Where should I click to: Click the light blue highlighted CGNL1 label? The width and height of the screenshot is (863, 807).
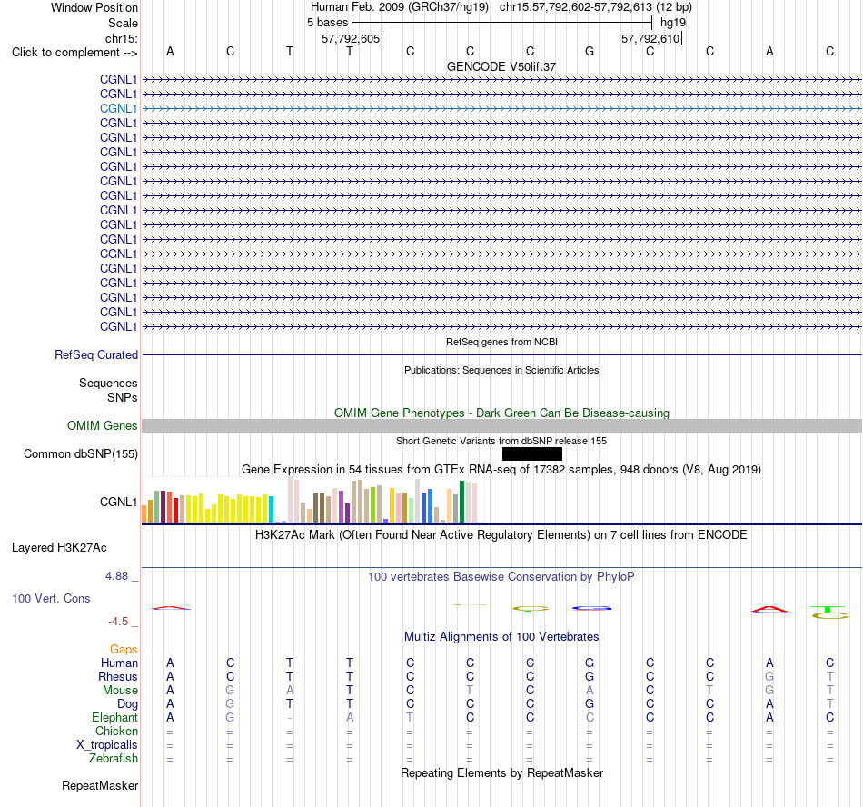tap(118, 108)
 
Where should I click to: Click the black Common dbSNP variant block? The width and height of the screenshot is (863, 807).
tap(532, 453)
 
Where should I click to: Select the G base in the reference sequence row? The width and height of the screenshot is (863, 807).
tap(590, 51)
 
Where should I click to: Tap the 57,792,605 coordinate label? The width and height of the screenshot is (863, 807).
tap(351, 38)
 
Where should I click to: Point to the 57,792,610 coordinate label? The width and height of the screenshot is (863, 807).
tap(650, 38)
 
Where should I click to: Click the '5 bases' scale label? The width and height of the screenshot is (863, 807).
tap(327, 23)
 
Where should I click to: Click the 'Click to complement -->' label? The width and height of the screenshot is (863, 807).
tap(74, 53)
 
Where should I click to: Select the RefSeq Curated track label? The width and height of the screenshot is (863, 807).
tap(96, 355)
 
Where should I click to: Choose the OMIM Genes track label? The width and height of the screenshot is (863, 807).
tap(103, 425)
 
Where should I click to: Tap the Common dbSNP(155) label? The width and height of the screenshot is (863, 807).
tap(81, 454)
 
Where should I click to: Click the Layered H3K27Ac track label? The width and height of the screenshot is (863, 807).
tap(59, 548)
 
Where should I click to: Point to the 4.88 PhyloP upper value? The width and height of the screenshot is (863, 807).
tap(116, 576)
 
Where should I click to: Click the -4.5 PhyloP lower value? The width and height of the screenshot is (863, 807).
tap(118, 622)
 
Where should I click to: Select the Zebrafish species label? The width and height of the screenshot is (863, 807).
tap(114, 759)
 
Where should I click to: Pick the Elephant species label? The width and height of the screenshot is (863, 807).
tap(115, 718)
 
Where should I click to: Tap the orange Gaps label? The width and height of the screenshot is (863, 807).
tap(124, 650)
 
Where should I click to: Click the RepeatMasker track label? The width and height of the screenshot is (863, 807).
tap(100, 785)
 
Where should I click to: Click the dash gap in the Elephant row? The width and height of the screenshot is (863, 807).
tap(290, 718)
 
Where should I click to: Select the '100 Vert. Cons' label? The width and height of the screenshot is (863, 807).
tap(51, 598)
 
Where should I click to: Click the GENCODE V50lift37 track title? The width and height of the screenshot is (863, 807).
tap(501, 66)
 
